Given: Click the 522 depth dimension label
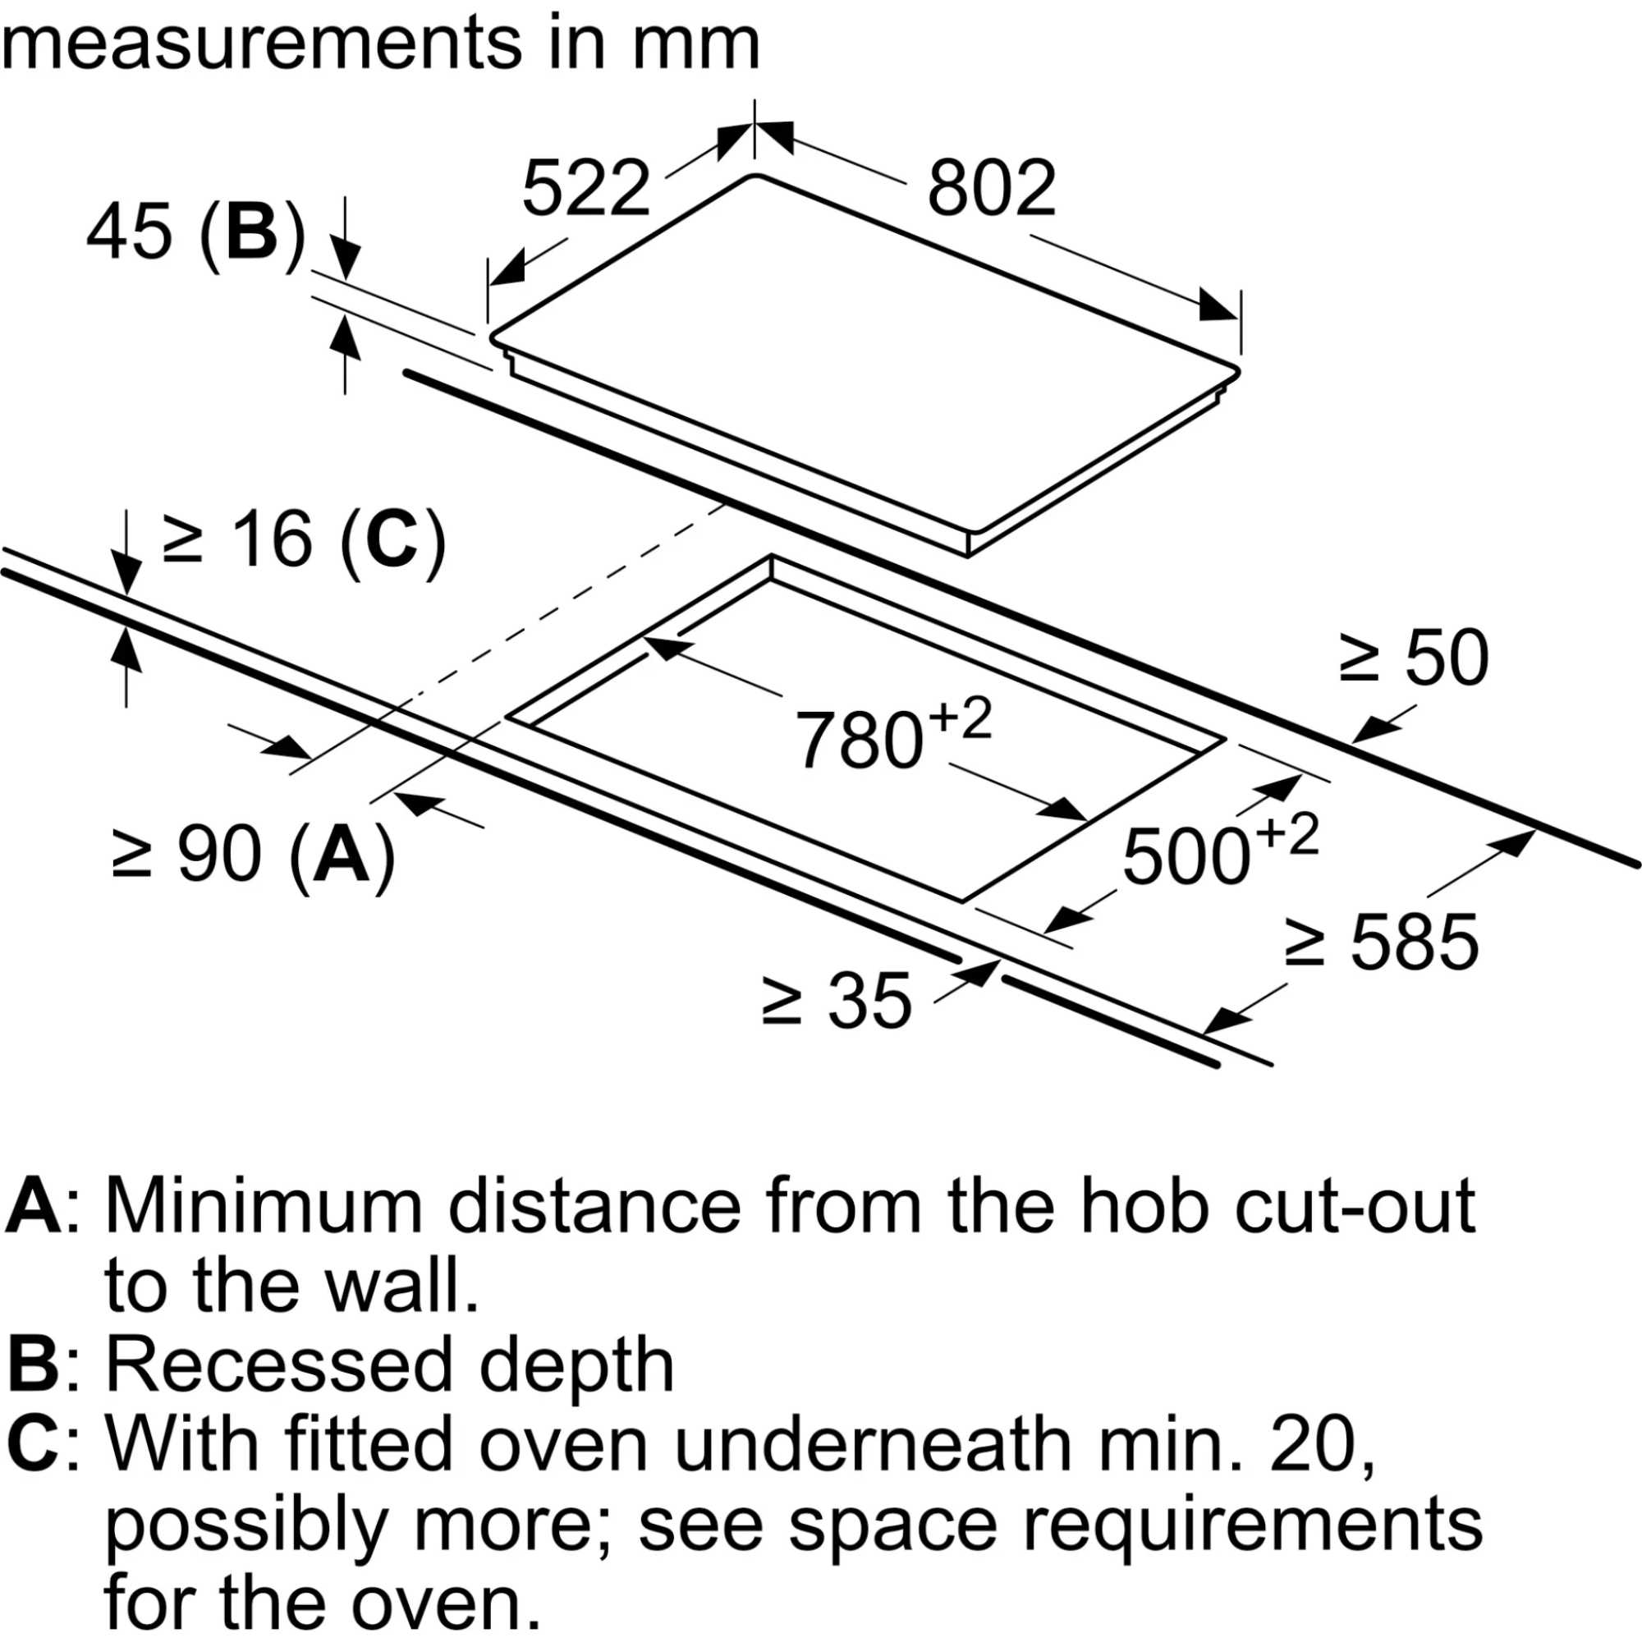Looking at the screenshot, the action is pyautogui.click(x=585, y=188).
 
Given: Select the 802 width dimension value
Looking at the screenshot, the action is pyautogui.click(x=992, y=188).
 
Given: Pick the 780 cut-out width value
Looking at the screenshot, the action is pyautogui.click(x=860, y=740).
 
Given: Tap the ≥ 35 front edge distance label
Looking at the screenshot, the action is pyautogui.click(x=837, y=1003).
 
